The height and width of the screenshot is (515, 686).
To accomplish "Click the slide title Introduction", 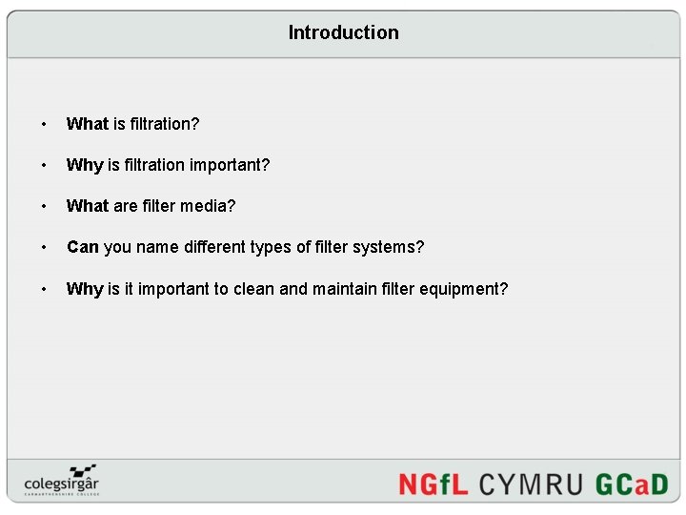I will pos(343,32).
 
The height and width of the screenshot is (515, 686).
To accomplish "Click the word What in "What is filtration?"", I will pos(88,124).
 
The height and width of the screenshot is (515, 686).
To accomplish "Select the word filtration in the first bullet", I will pos(164,124).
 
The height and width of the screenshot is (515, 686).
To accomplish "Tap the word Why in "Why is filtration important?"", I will pos(85,165).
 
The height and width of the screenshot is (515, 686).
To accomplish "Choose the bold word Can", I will pos(83,247).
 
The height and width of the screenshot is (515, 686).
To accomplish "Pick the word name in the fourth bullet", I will pos(157,247).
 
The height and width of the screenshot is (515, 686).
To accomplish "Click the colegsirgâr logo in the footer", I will pos(62,480).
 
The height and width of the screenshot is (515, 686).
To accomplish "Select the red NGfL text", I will pos(433,484).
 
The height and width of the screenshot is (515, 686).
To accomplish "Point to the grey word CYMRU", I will pos(531,484).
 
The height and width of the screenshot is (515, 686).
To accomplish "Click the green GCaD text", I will pos(632,484).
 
